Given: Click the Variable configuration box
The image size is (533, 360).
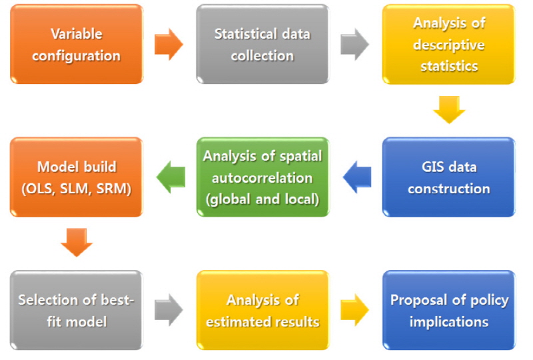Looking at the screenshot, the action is [77, 44].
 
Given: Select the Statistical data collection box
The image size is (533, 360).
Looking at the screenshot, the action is [263, 44].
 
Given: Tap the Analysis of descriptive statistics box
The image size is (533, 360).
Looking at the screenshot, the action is [448, 44].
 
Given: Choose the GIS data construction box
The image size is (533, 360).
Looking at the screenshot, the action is [448, 177].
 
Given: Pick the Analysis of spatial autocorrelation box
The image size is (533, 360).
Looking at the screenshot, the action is [263, 177].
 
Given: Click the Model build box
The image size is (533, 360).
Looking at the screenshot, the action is [77, 177].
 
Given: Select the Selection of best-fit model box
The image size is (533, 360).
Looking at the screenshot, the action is [77, 310].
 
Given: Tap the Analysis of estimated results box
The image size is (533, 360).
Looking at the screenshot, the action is [263, 310].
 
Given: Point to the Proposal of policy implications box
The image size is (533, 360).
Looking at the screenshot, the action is [448, 310].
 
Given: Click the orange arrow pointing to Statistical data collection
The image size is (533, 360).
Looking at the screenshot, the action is [169, 44].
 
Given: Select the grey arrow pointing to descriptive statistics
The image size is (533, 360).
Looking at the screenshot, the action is [355, 44].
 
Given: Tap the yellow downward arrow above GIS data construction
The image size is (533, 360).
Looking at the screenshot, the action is [449, 110].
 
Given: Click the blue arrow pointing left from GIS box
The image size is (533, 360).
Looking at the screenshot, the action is [357, 177].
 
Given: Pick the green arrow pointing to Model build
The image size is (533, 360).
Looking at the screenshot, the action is [171, 177].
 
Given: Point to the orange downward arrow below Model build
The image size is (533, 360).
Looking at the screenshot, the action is [77, 243].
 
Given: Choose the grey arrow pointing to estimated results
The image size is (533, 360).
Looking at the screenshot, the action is [169, 310].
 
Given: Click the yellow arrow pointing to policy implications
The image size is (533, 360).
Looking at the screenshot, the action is [355, 310].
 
